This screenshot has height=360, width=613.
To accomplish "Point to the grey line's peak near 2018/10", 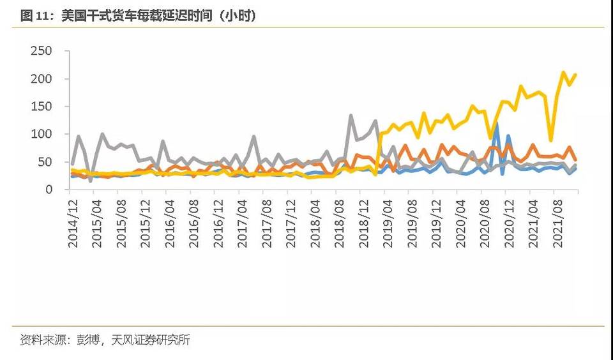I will [351, 116].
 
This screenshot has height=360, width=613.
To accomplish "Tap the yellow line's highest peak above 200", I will [563, 73].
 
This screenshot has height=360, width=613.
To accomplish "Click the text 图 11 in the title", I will [35, 16].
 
